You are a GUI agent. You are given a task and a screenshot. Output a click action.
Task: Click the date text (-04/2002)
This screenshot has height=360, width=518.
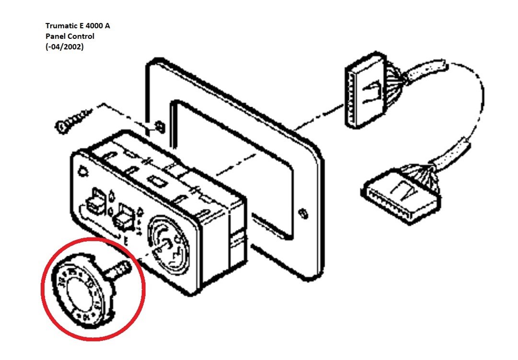tap(64, 47)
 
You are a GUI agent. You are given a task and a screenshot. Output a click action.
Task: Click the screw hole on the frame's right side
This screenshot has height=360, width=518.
tap(302, 212)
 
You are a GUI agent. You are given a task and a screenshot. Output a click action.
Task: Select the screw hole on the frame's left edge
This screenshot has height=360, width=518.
tap(158, 126)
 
